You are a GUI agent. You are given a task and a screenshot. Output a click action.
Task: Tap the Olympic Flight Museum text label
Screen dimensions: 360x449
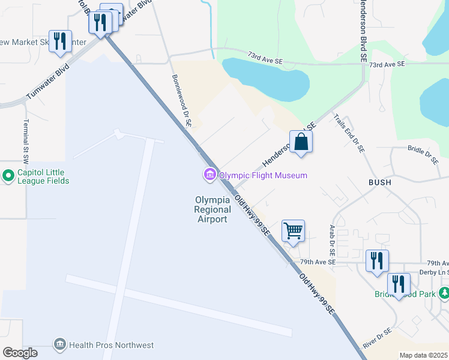coord(263,175)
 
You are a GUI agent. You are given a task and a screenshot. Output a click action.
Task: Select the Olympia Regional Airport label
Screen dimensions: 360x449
coord(212,209)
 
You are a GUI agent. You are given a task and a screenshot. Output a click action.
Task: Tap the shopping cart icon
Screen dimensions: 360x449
coord(293,231)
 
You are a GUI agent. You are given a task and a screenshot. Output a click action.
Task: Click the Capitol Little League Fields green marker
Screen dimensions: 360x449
coord(8,176)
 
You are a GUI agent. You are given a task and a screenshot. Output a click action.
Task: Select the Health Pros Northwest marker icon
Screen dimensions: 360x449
coord(59,344)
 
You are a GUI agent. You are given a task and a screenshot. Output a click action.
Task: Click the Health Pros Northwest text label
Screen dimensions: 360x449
coord(112,345)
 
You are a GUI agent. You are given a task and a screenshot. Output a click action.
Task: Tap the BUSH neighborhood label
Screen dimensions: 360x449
coord(381,182)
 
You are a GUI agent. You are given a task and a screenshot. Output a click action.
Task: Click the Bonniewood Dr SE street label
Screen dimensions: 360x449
coord(181,100)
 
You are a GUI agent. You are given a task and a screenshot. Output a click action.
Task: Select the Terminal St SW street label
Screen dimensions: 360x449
coord(26,139)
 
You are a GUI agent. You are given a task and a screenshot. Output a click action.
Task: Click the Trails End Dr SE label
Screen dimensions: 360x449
coord(349,135)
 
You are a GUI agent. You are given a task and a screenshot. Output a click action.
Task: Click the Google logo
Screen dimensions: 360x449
coord(20,353)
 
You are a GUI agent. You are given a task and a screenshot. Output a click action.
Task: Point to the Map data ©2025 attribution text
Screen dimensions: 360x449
coord(423,355)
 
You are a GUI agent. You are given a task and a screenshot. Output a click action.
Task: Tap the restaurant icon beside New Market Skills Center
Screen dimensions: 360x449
coord(60,41)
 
